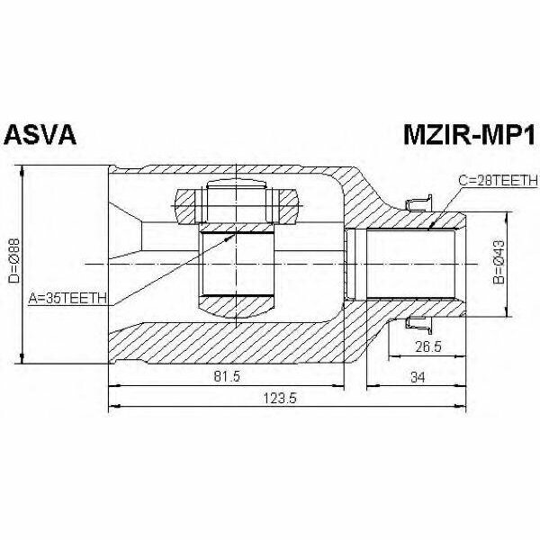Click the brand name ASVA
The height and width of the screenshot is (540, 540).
[40, 135]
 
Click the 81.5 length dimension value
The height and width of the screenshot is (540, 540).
[227, 376]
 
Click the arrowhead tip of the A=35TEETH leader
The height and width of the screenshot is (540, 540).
[235, 233]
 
